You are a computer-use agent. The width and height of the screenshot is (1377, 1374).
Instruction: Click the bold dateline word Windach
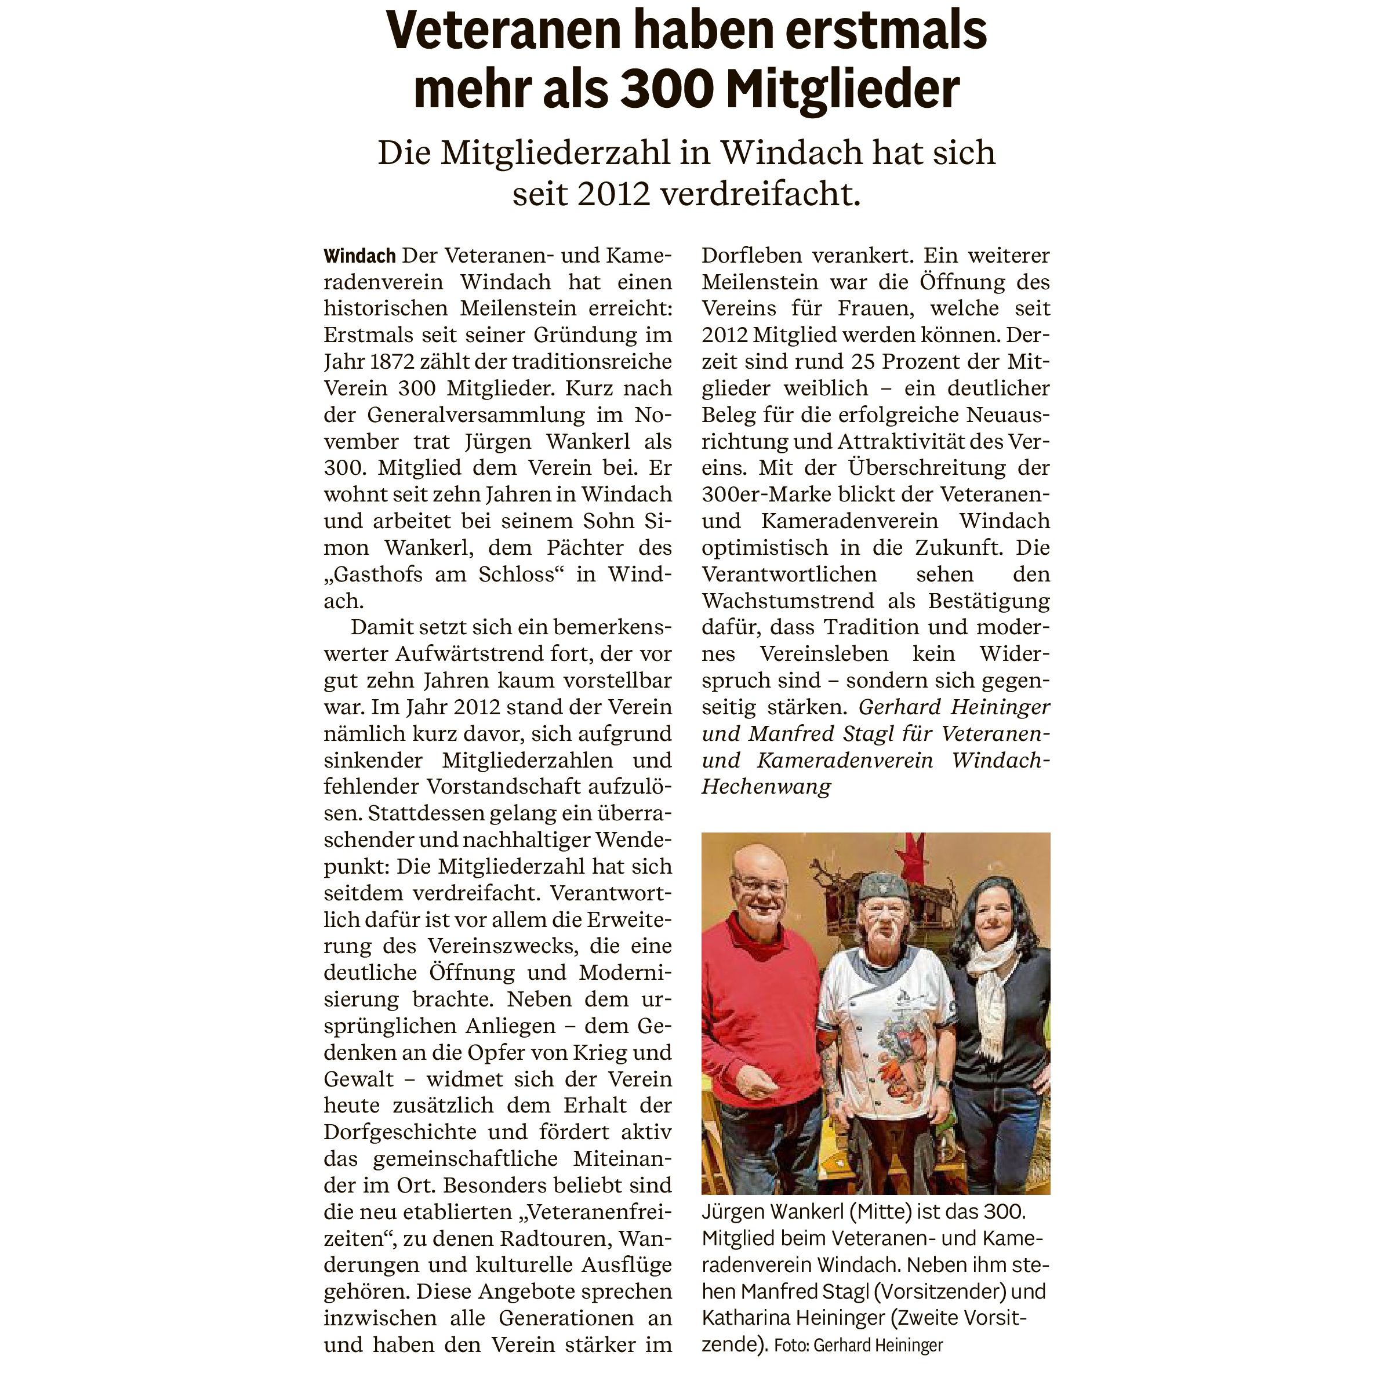click(359, 256)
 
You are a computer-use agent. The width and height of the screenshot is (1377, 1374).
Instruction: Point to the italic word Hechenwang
click(766, 787)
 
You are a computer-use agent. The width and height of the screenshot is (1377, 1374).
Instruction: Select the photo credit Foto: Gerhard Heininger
click(858, 1346)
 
